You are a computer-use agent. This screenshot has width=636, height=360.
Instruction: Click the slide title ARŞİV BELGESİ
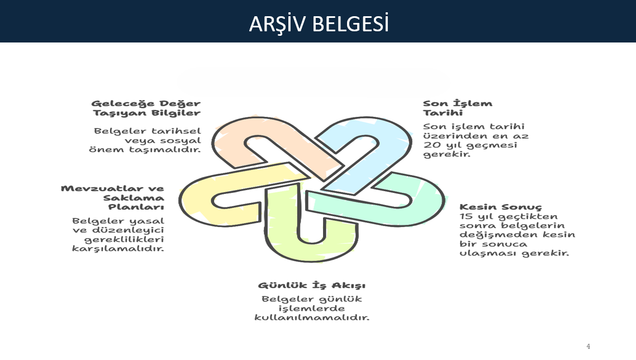tap(319, 23)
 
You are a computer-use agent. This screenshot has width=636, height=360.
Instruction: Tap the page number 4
tap(588, 346)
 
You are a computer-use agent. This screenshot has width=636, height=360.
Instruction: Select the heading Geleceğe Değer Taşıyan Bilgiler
tap(146, 108)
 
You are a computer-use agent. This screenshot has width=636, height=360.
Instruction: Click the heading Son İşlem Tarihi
tap(458, 108)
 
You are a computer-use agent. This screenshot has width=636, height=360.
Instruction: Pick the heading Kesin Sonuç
tap(501, 207)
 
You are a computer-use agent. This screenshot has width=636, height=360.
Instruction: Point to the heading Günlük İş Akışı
tap(311, 285)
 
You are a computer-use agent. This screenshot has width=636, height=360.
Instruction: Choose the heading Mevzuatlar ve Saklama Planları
tap(113, 198)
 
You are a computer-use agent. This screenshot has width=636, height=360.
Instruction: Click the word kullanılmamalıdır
tap(312, 318)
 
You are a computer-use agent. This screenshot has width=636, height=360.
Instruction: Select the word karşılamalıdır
tap(118, 248)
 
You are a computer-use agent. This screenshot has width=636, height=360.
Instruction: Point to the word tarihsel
tap(176, 131)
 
